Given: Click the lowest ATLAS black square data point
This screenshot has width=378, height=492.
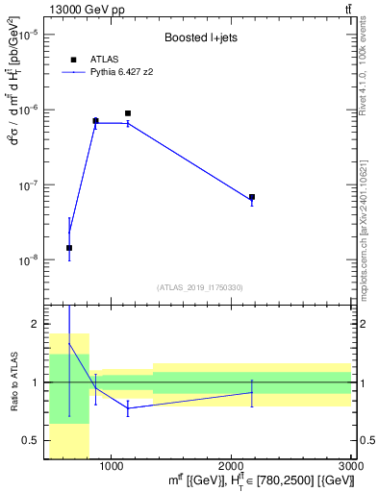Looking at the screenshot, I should click(x=69, y=248).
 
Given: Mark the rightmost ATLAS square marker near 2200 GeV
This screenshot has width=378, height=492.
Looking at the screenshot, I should click(x=252, y=197).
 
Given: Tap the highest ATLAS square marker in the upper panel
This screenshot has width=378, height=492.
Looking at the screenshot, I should click(x=128, y=113).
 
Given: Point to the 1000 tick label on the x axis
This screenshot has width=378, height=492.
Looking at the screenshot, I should click(x=112, y=466).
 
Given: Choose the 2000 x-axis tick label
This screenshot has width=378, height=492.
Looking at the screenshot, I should click(x=232, y=466).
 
